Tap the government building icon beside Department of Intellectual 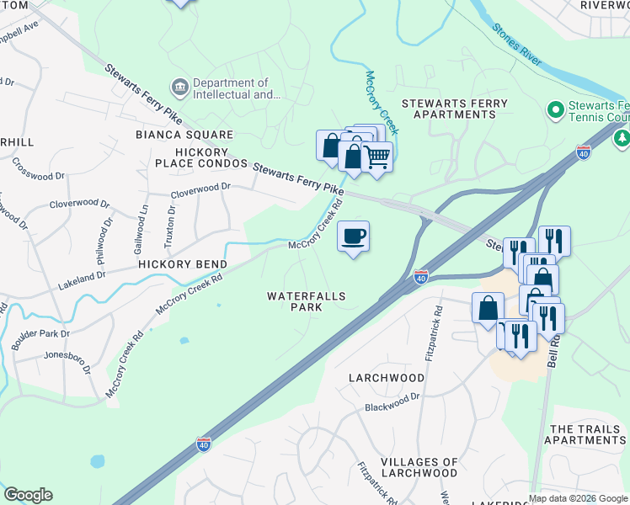tap(179, 88)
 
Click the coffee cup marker tap(353, 236)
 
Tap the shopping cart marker tap(377, 157)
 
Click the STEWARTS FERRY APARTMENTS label tap(454, 109)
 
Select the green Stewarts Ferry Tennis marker tap(555, 110)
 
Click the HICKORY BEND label tap(178, 264)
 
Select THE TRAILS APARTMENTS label tap(589, 434)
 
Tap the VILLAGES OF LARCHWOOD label tap(419, 467)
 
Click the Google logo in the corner tap(28, 495)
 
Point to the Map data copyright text tap(578, 498)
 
